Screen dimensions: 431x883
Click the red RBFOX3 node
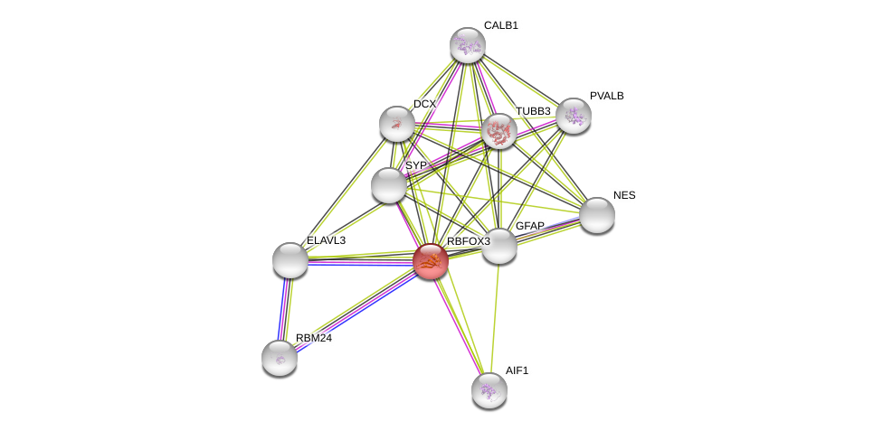click(x=431, y=261)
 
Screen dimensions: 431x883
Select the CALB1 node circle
click(x=468, y=45)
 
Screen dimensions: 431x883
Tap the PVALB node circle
click(x=574, y=116)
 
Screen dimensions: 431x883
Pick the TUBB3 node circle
click(x=498, y=132)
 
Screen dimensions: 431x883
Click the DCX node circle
click(x=397, y=124)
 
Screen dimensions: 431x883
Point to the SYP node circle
click(x=389, y=185)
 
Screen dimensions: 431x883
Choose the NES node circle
click(x=597, y=215)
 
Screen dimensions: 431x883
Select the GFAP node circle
click(x=499, y=246)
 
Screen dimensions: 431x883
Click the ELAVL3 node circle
click(x=290, y=260)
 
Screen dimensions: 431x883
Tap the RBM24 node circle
click(x=280, y=358)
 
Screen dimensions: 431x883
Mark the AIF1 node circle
click(x=489, y=390)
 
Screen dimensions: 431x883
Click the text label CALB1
click(x=500, y=25)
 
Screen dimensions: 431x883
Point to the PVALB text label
click(x=606, y=96)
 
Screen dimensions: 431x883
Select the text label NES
click(x=624, y=195)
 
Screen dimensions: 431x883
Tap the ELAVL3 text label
click(x=326, y=240)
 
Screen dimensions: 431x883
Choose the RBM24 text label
click(x=314, y=338)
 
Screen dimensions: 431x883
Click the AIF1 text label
click(x=517, y=370)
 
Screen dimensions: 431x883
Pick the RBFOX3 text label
click(x=468, y=241)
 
